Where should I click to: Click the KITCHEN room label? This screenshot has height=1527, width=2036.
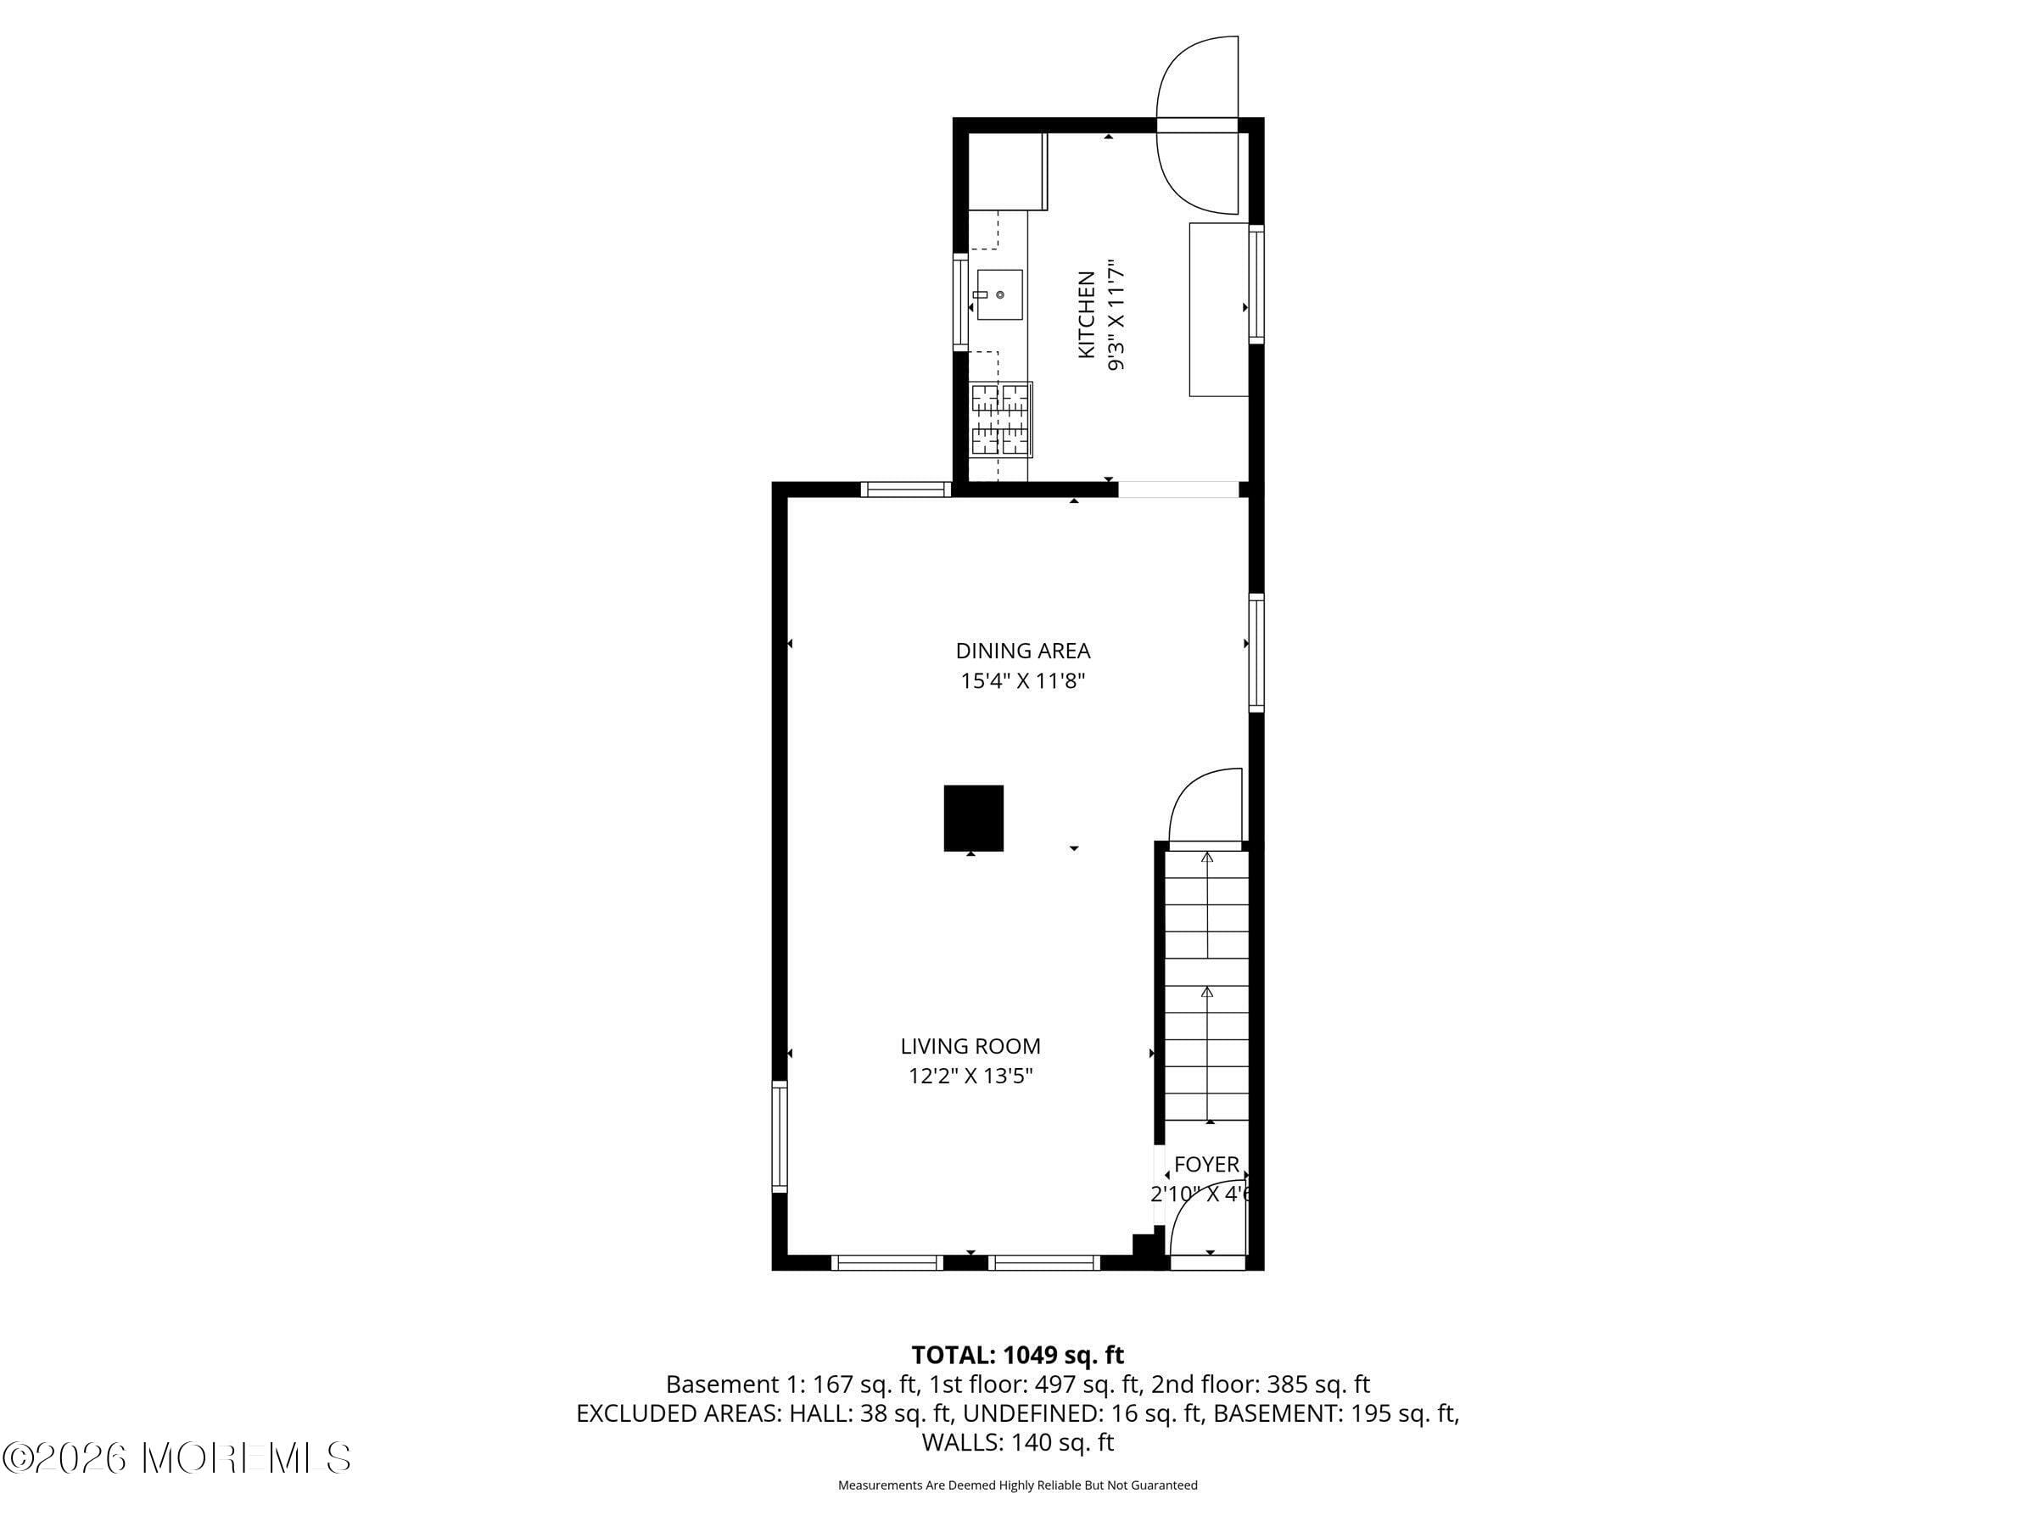click(x=1086, y=315)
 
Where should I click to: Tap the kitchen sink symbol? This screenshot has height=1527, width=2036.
click(x=999, y=294)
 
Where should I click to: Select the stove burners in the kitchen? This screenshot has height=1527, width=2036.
click(x=1000, y=420)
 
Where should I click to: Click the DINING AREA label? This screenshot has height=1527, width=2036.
click(x=1022, y=651)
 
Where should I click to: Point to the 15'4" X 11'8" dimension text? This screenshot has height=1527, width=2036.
click(x=1022, y=681)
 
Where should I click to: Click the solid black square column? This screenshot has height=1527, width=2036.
click(x=973, y=817)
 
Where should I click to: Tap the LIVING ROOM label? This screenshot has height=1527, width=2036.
click(x=970, y=1046)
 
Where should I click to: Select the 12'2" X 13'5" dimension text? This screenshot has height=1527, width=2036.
click(x=970, y=1076)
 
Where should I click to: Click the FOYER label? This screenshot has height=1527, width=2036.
click(x=1205, y=1165)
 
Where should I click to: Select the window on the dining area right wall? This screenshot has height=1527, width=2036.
click(x=1256, y=652)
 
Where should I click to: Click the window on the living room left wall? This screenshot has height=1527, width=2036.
click(x=780, y=1136)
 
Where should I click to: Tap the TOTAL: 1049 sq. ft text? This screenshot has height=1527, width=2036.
click(x=1017, y=1355)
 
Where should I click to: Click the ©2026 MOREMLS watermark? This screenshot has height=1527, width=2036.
click(x=176, y=1458)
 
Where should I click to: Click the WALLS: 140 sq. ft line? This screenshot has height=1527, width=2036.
click(x=1017, y=1442)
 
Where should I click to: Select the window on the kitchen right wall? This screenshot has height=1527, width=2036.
click(x=1256, y=284)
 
